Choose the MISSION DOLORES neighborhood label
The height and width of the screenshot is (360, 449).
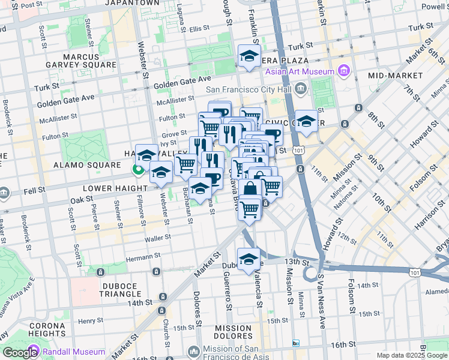[x=233, y=332]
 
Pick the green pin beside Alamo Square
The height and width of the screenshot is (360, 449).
[x=138, y=170]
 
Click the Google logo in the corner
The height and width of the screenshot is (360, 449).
[x=20, y=353]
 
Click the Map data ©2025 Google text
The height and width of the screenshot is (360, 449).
[x=411, y=355]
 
